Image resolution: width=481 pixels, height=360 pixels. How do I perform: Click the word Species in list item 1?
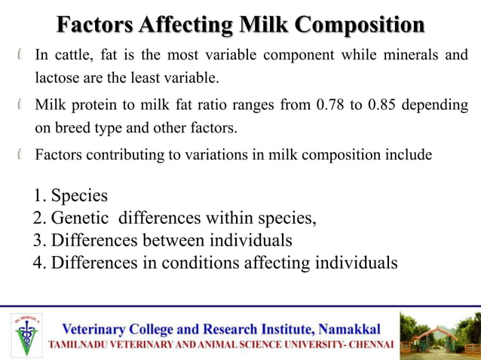click(x=79, y=196)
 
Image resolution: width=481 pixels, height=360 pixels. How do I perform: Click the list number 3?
click(x=39, y=241)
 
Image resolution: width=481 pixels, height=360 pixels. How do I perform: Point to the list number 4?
click(x=39, y=264)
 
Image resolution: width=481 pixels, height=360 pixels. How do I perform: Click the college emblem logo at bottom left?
click(x=28, y=333)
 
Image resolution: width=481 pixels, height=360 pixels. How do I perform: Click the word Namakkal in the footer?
click(x=350, y=329)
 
